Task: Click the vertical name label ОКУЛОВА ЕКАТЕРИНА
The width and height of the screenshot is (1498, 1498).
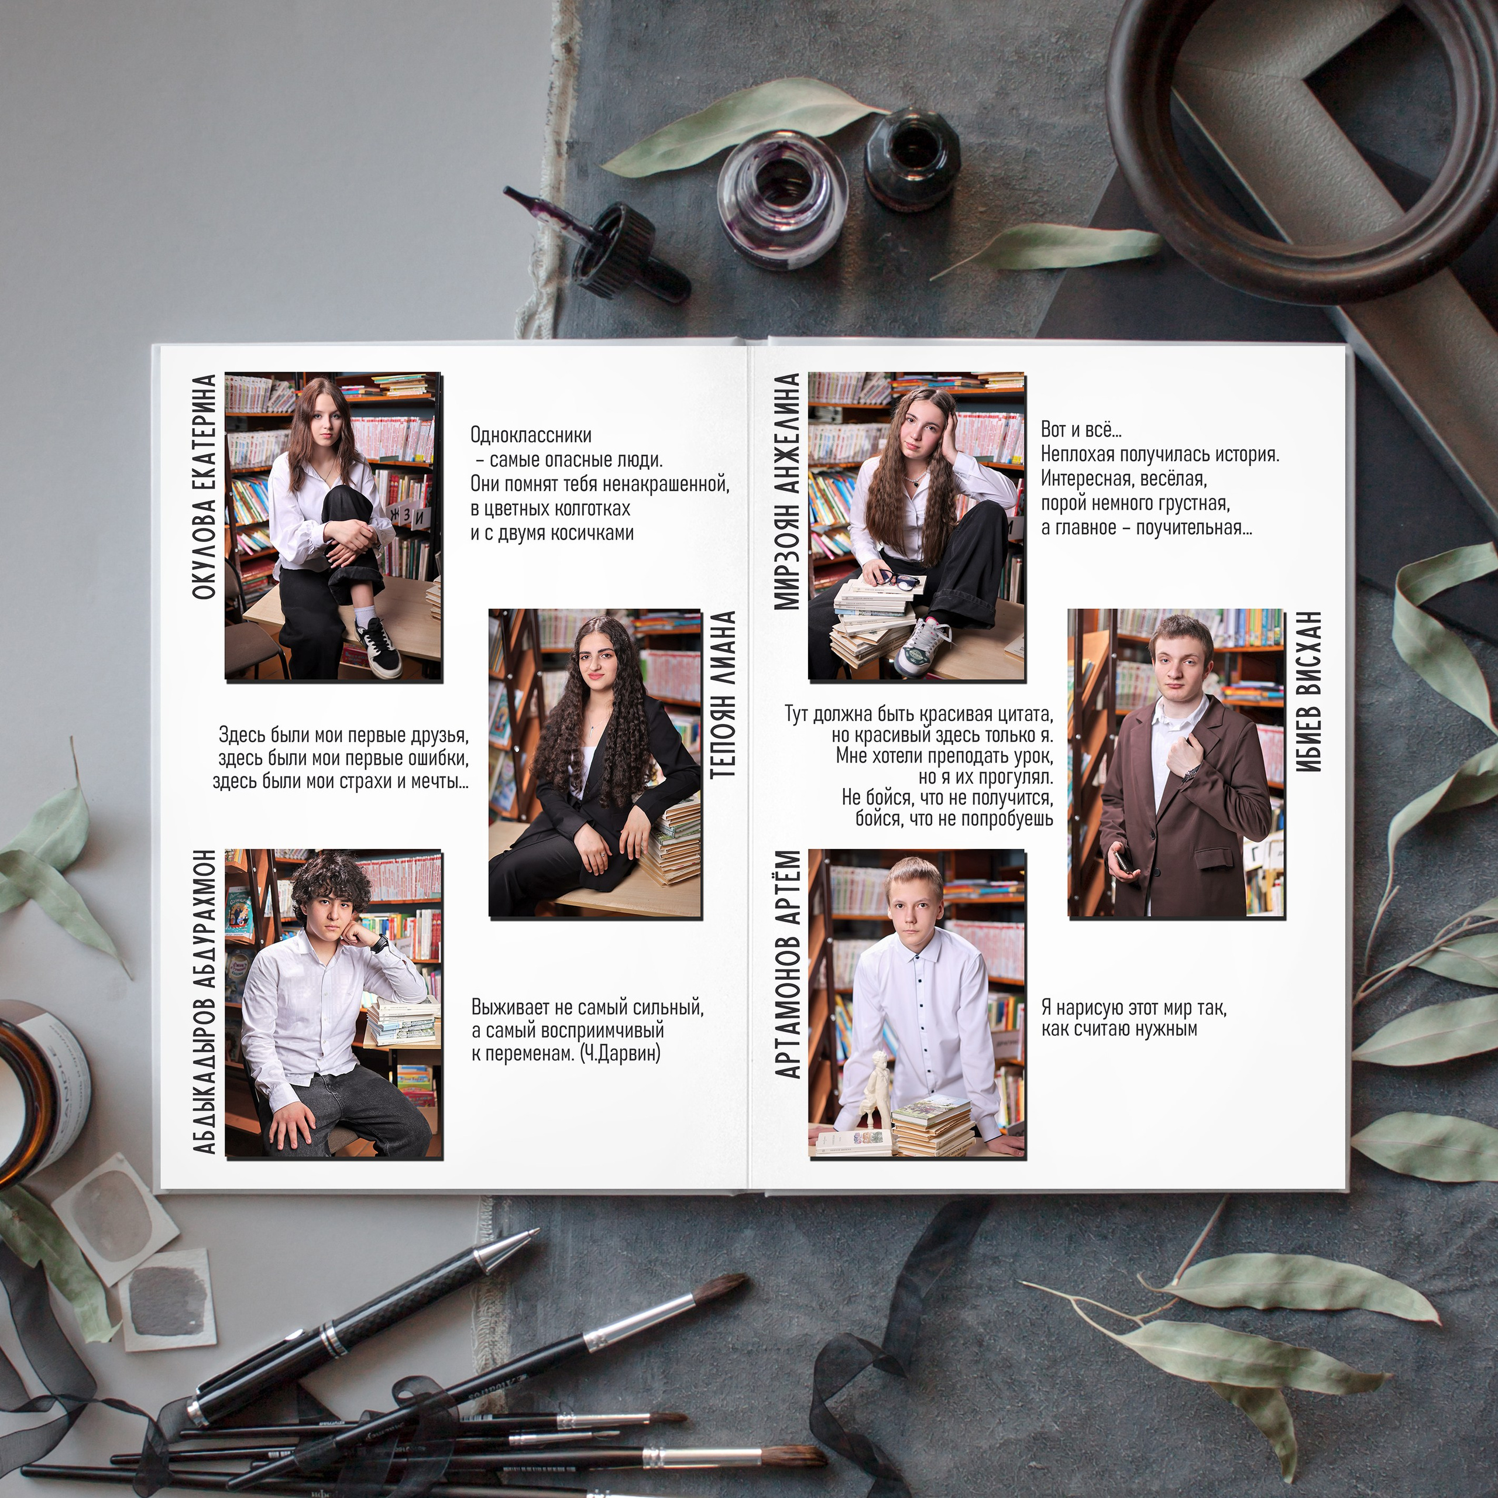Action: pyautogui.click(x=203, y=487)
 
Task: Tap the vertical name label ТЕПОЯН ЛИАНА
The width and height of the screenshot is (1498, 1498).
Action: pyautogui.click(x=722, y=694)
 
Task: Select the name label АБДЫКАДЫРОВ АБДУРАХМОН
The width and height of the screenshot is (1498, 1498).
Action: pyautogui.click(x=203, y=1002)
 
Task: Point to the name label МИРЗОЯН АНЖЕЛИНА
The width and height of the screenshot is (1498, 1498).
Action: pyautogui.click(x=786, y=491)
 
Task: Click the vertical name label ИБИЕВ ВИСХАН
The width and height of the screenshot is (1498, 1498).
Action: pyautogui.click(x=1308, y=691)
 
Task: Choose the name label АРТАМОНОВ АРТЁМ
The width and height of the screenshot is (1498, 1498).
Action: pyautogui.click(x=787, y=964)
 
